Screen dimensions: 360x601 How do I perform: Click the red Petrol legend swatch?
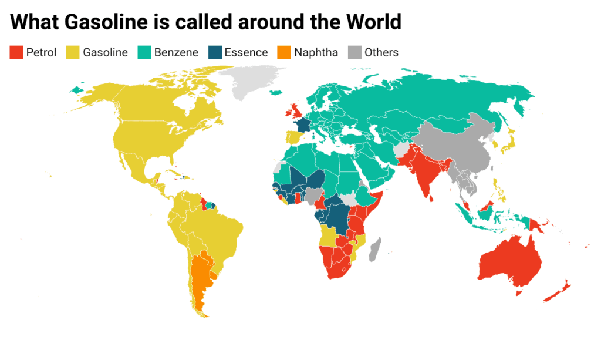tap(16, 52)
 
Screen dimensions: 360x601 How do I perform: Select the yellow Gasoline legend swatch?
tap(73, 52)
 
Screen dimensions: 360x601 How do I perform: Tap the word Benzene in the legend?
tap(176, 52)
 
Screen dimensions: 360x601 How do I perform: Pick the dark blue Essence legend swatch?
tap(214, 52)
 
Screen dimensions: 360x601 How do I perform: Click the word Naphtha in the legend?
tap(316, 52)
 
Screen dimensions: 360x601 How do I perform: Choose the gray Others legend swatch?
tap(355, 52)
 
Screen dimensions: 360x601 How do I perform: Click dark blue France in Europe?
tap(303, 126)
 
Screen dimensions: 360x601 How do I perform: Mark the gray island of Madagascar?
tap(374, 249)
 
